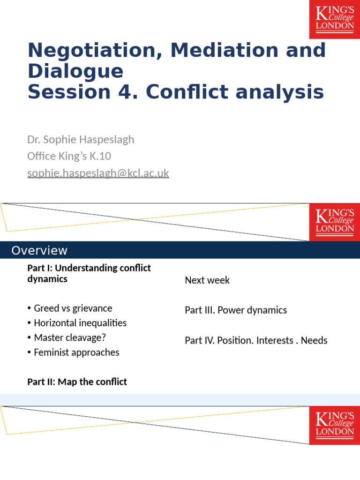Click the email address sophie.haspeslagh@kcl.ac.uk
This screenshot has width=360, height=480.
pyautogui.click(x=98, y=173)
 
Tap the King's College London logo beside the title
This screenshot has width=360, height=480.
pyautogui.click(x=334, y=19)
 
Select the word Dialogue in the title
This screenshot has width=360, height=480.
pyautogui.click(x=75, y=71)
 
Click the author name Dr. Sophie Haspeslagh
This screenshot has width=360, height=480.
pyautogui.click(x=81, y=139)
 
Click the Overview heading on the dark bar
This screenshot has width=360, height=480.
pyautogui.click(x=39, y=250)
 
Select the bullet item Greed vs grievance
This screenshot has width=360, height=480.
pyautogui.click(x=73, y=308)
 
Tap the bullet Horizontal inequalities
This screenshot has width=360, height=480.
pyautogui.click(x=80, y=323)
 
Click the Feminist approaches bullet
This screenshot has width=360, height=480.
pyautogui.click(x=76, y=352)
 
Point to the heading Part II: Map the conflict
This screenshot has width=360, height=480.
pyautogui.click(x=77, y=382)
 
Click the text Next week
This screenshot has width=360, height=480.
pyautogui.click(x=207, y=280)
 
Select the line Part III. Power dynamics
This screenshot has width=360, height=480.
pyautogui.click(x=236, y=310)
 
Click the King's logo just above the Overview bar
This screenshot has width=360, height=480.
pyautogui.click(x=334, y=222)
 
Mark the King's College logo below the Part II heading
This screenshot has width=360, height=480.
pyautogui.click(x=334, y=425)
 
